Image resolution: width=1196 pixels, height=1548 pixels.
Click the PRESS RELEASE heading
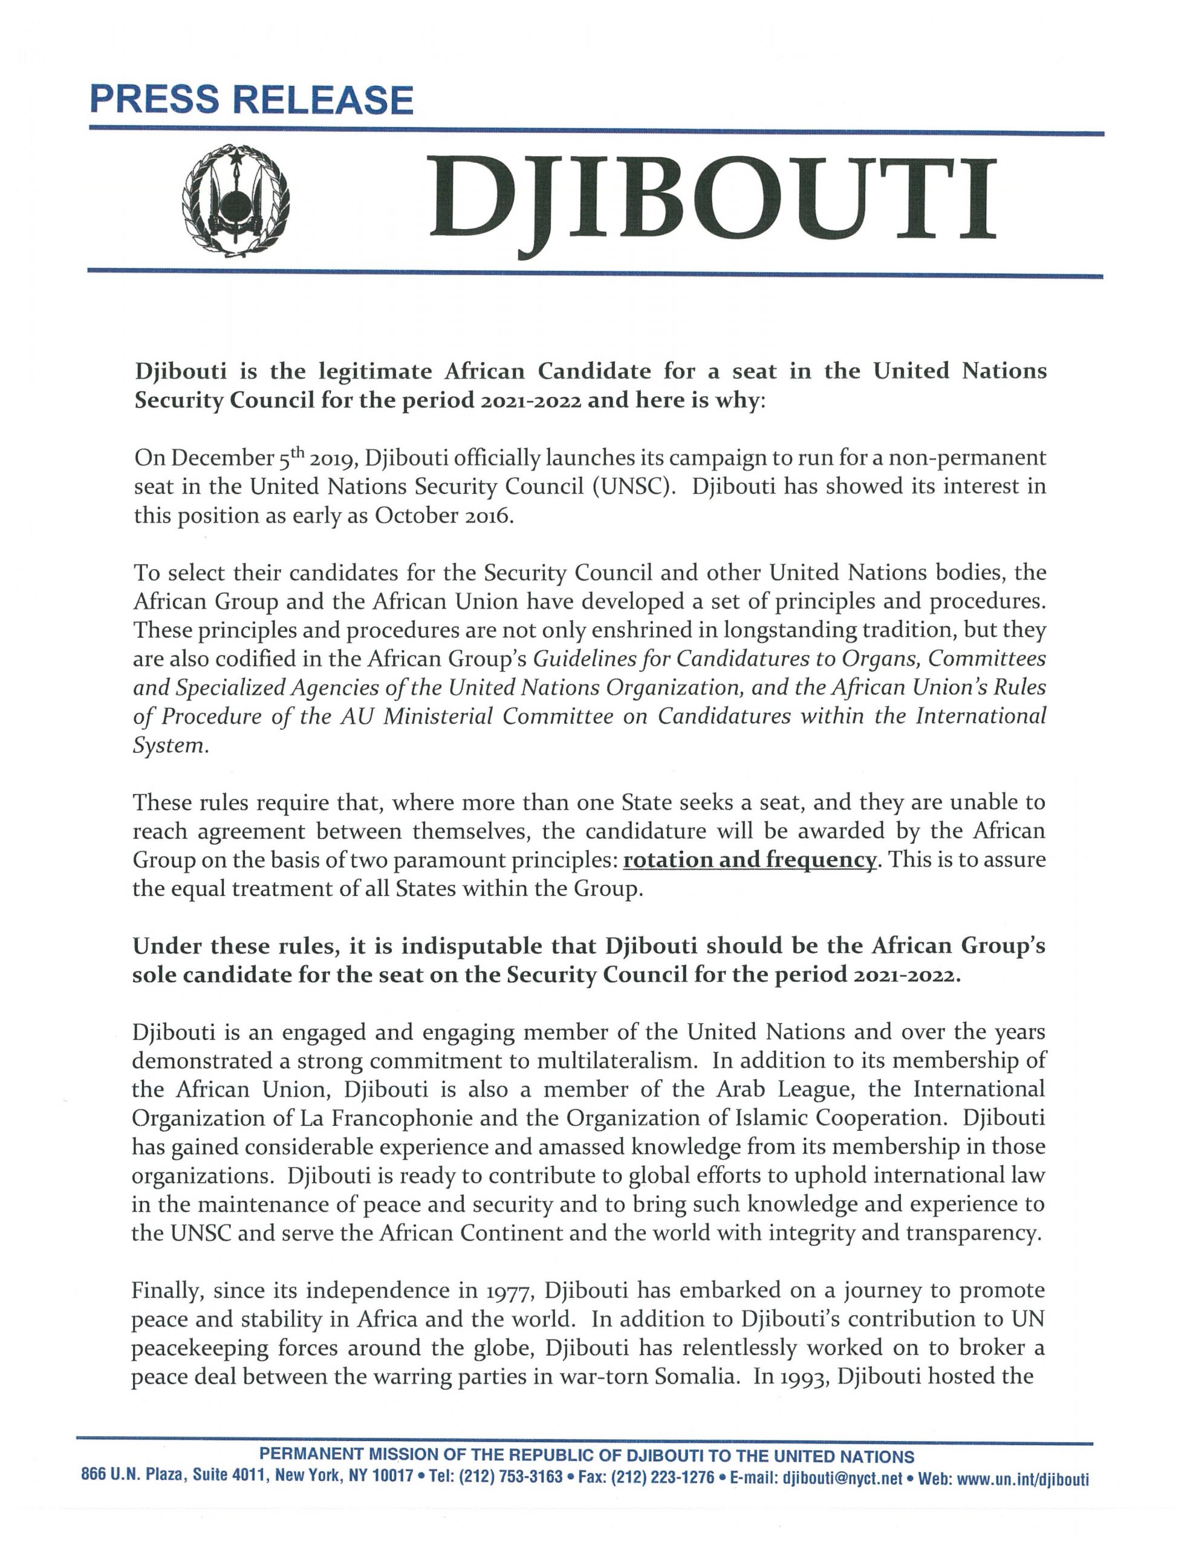point(251,100)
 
